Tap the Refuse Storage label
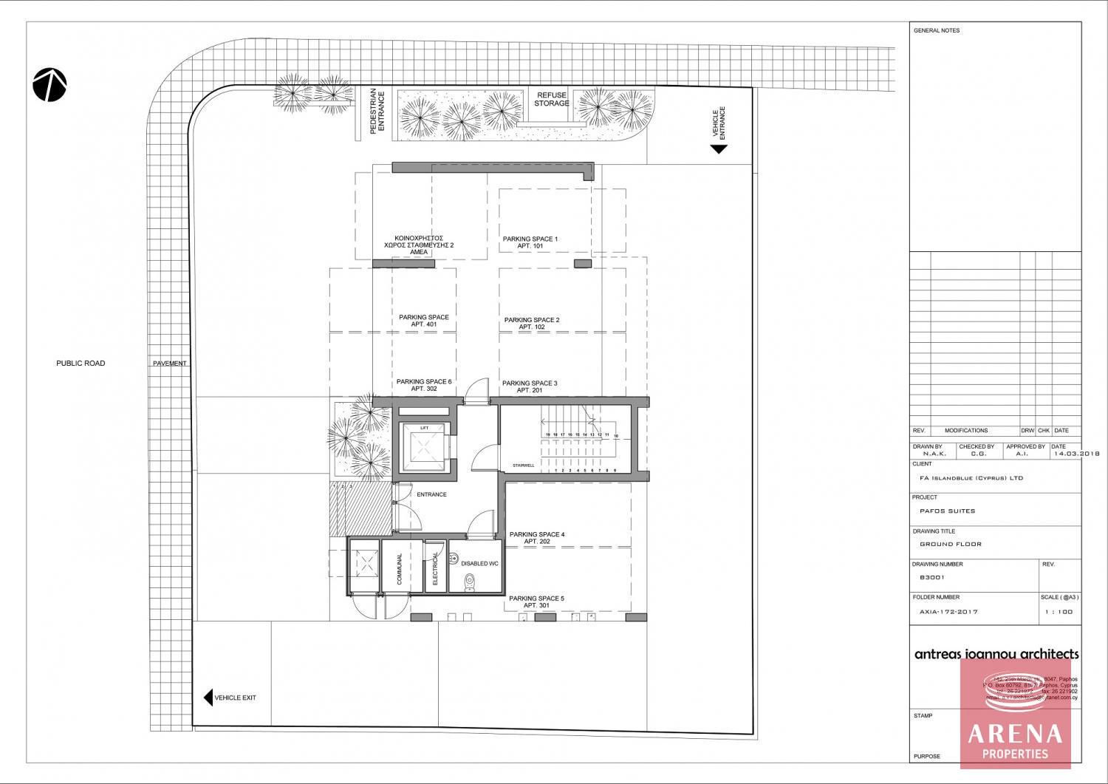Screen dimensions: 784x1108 [x=552, y=100]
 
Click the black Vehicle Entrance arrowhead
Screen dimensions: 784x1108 [x=719, y=149]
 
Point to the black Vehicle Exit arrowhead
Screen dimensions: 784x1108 [x=208, y=698]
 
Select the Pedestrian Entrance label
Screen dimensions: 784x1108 [x=377, y=112]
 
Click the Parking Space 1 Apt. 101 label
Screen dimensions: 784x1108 [x=530, y=242]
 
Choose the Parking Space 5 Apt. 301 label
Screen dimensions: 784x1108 [x=536, y=601]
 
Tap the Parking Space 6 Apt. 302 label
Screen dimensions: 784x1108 [x=423, y=385]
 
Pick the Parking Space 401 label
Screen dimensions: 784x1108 [x=423, y=321]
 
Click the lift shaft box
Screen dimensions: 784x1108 [x=424, y=449]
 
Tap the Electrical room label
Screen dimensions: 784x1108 [x=435, y=568]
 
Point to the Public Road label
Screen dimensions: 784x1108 [x=81, y=364]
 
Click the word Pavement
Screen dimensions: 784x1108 [x=169, y=364]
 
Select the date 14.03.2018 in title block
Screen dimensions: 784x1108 [x=1076, y=454]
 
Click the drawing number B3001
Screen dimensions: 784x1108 [x=931, y=578]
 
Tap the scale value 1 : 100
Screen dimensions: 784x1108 [x=1059, y=612]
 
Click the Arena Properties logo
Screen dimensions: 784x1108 [x=1015, y=713]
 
